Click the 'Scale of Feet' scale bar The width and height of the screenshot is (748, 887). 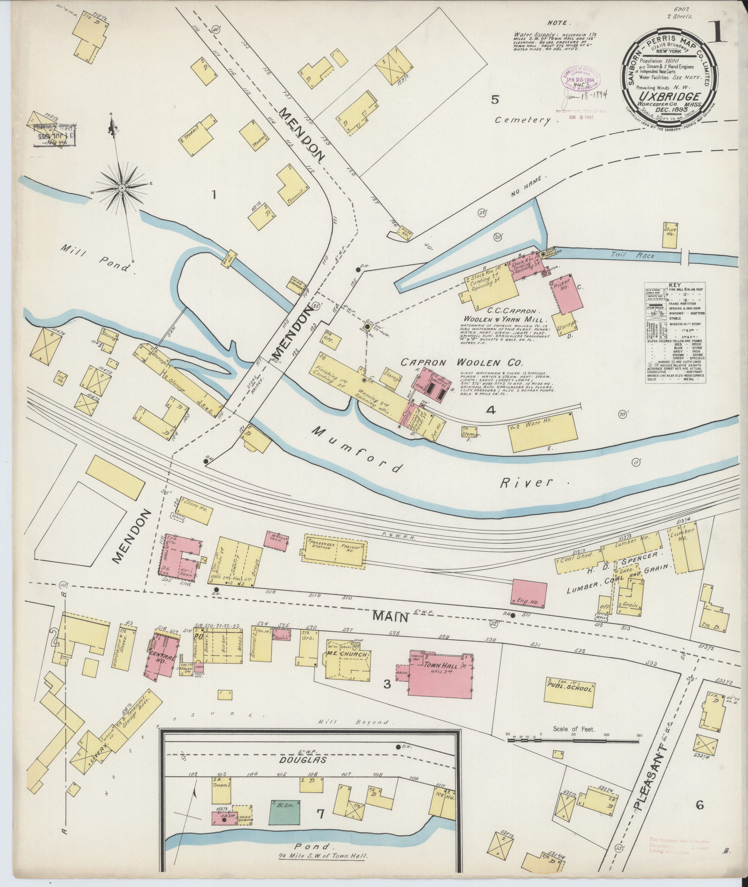(x=573, y=741)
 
